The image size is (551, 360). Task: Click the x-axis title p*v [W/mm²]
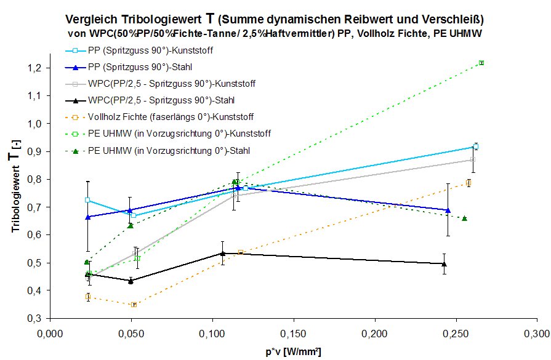point(293,351)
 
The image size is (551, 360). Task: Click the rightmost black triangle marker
point(444,264)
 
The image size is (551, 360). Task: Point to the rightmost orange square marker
point(469,183)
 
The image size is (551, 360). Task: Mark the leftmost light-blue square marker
point(87,200)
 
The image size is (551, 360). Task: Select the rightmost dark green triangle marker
point(464,218)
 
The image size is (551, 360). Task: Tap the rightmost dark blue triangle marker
point(447,210)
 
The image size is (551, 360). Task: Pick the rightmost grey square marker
point(472,160)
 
